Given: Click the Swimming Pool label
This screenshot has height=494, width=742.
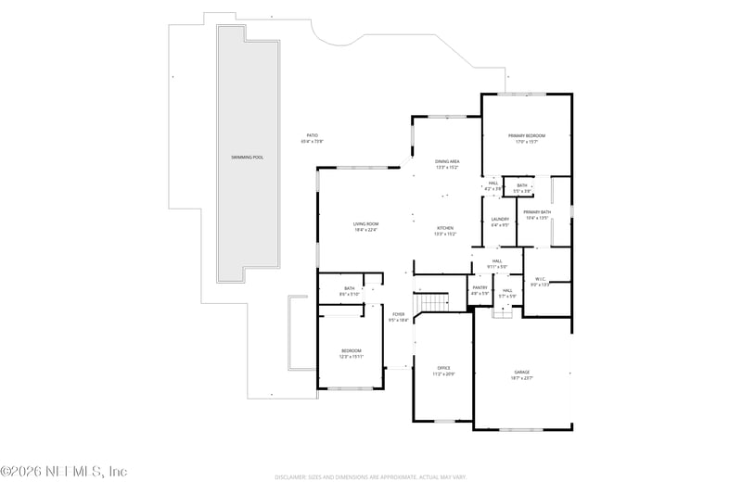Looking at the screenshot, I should click(x=248, y=158).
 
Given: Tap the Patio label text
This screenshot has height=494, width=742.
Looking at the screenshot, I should click(x=313, y=135).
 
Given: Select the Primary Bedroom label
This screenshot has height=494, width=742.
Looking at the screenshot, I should click(x=527, y=135).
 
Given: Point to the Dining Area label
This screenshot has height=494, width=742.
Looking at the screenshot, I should click(x=447, y=161).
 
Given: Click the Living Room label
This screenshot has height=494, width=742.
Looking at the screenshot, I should click(x=365, y=223).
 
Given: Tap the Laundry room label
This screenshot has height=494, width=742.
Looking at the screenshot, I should click(x=500, y=219).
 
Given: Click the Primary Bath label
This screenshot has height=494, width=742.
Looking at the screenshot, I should click(x=538, y=212).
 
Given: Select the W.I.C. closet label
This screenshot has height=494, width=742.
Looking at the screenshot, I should click(x=540, y=279).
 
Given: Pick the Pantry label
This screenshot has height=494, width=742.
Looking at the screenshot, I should click(x=480, y=287).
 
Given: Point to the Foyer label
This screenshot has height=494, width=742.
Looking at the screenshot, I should click(x=398, y=314).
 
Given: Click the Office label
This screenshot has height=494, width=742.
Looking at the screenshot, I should click(x=443, y=367).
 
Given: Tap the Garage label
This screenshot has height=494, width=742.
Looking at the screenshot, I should click(x=522, y=372).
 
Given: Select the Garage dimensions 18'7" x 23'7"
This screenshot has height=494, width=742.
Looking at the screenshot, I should click(x=522, y=378).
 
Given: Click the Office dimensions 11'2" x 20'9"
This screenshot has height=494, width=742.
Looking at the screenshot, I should click(x=443, y=374).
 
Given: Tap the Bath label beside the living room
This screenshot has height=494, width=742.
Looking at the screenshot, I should click(x=350, y=288).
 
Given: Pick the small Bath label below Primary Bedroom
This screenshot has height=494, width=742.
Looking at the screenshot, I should click(x=522, y=185).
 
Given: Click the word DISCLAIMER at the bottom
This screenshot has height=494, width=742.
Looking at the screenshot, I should click(x=292, y=477).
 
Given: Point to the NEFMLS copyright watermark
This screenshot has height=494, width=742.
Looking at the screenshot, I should click(x=64, y=472).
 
